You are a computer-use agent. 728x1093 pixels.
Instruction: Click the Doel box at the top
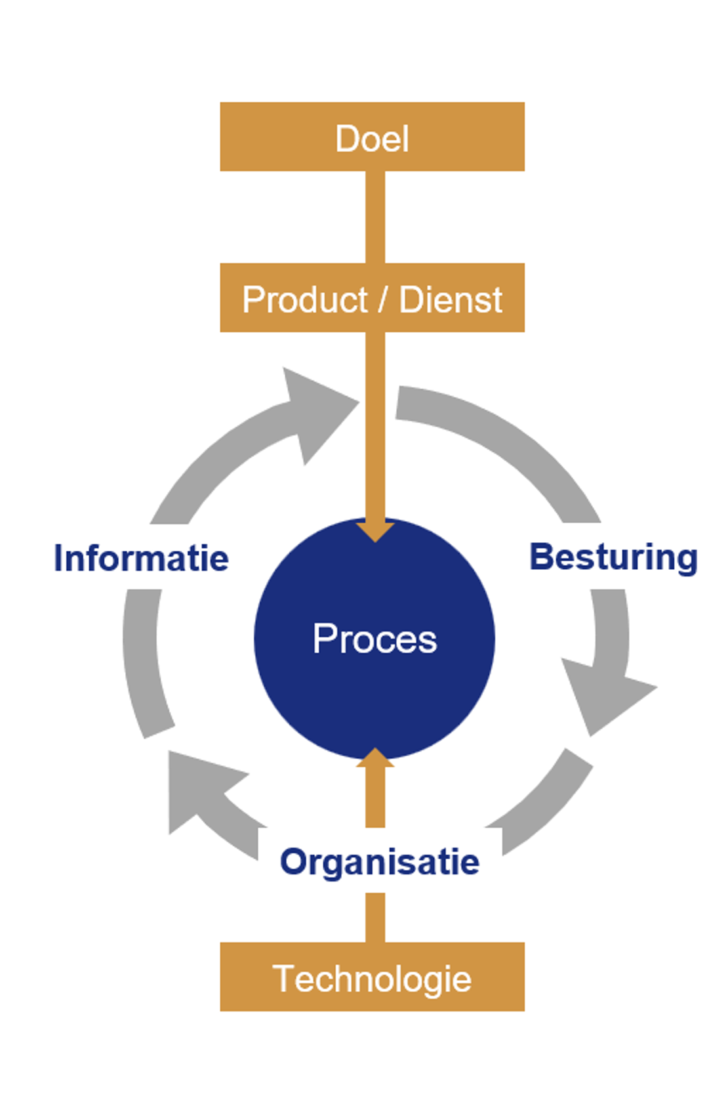pyautogui.click(x=372, y=137)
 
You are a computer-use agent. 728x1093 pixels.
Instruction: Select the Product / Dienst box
pyautogui.click(x=372, y=297)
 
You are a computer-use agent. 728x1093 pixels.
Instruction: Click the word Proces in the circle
pyautogui.click(x=374, y=639)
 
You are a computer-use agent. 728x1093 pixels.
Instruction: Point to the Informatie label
pyautogui.click(x=141, y=558)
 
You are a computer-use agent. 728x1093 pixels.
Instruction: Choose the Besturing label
pyautogui.click(x=613, y=557)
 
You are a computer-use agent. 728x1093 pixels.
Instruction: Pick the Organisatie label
pyautogui.click(x=379, y=861)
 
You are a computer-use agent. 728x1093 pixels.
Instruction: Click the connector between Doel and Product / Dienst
pyautogui.click(x=374, y=217)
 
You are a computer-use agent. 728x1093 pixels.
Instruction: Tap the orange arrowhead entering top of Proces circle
pyautogui.click(x=374, y=530)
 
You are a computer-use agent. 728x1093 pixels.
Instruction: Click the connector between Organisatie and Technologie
pyautogui.click(x=374, y=917)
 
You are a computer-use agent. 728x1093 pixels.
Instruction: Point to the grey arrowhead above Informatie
pyautogui.click(x=315, y=410)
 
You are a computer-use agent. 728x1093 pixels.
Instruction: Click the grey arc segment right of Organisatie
pyautogui.click(x=544, y=807)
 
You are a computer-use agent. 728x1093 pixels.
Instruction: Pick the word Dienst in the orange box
pyautogui.click(x=451, y=300)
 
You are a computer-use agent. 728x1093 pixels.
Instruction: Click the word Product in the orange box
pyautogui.click(x=305, y=300)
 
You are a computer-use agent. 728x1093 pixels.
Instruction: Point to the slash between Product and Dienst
pyautogui.click(x=383, y=300)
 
